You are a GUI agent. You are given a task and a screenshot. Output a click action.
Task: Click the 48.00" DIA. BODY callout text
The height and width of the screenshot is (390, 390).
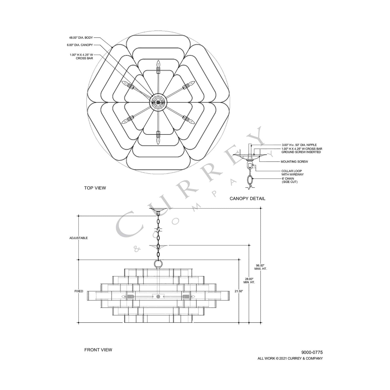pyautogui.click(x=81, y=38)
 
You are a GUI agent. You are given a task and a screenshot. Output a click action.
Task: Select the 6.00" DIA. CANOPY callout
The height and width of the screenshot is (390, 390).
pyautogui.click(x=80, y=45)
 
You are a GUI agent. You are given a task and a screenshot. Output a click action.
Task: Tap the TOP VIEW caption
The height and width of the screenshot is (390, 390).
pyautogui.click(x=95, y=188)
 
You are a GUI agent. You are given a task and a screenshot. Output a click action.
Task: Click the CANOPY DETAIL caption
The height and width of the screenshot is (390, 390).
pyautogui.click(x=247, y=198)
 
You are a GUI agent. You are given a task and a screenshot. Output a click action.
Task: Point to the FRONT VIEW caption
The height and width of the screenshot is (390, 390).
pyautogui.click(x=98, y=350)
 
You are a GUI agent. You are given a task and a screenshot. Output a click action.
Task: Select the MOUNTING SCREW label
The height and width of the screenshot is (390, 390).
pyautogui.click(x=294, y=162)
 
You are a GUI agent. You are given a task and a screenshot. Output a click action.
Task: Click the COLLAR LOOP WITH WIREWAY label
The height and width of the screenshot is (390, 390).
pyautogui.click(x=292, y=173)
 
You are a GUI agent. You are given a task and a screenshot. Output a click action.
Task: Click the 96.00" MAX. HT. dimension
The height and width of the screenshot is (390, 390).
pyautogui.click(x=260, y=267)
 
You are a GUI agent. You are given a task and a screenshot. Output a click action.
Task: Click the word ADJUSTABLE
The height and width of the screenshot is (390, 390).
pyautogui.click(x=79, y=238)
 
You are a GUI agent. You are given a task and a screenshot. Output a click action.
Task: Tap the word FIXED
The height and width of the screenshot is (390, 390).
pyautogui.click(x=79, y=291)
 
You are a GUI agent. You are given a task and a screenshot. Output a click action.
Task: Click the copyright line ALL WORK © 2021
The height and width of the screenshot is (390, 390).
pyautogui.click(x=290, y=358)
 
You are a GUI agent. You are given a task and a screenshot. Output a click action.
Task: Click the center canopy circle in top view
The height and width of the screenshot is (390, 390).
pyautogui.click(x=158, y=102)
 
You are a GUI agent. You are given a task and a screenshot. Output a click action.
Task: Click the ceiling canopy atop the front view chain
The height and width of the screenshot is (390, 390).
pyautogui.click(x=158, y=210)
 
